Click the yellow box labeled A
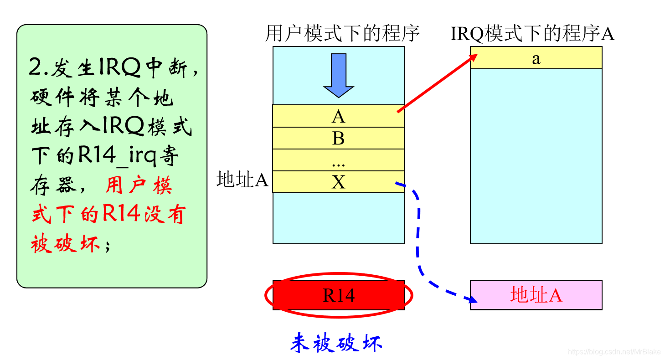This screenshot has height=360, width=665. coord(338,116)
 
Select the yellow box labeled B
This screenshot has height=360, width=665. coord(338,138)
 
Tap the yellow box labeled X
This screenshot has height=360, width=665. coord(338,182)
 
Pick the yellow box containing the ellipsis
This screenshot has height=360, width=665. coord(338,160)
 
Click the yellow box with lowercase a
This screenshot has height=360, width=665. coord(536,58)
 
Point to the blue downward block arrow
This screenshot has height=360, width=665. coord(338,75)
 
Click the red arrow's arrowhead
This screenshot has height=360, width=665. coord(474,56)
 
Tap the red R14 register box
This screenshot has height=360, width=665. coord(339,295)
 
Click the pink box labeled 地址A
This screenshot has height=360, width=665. coord(536,295)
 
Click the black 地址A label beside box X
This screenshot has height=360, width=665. coord(242,180)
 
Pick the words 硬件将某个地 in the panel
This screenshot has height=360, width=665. coord(102,98)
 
